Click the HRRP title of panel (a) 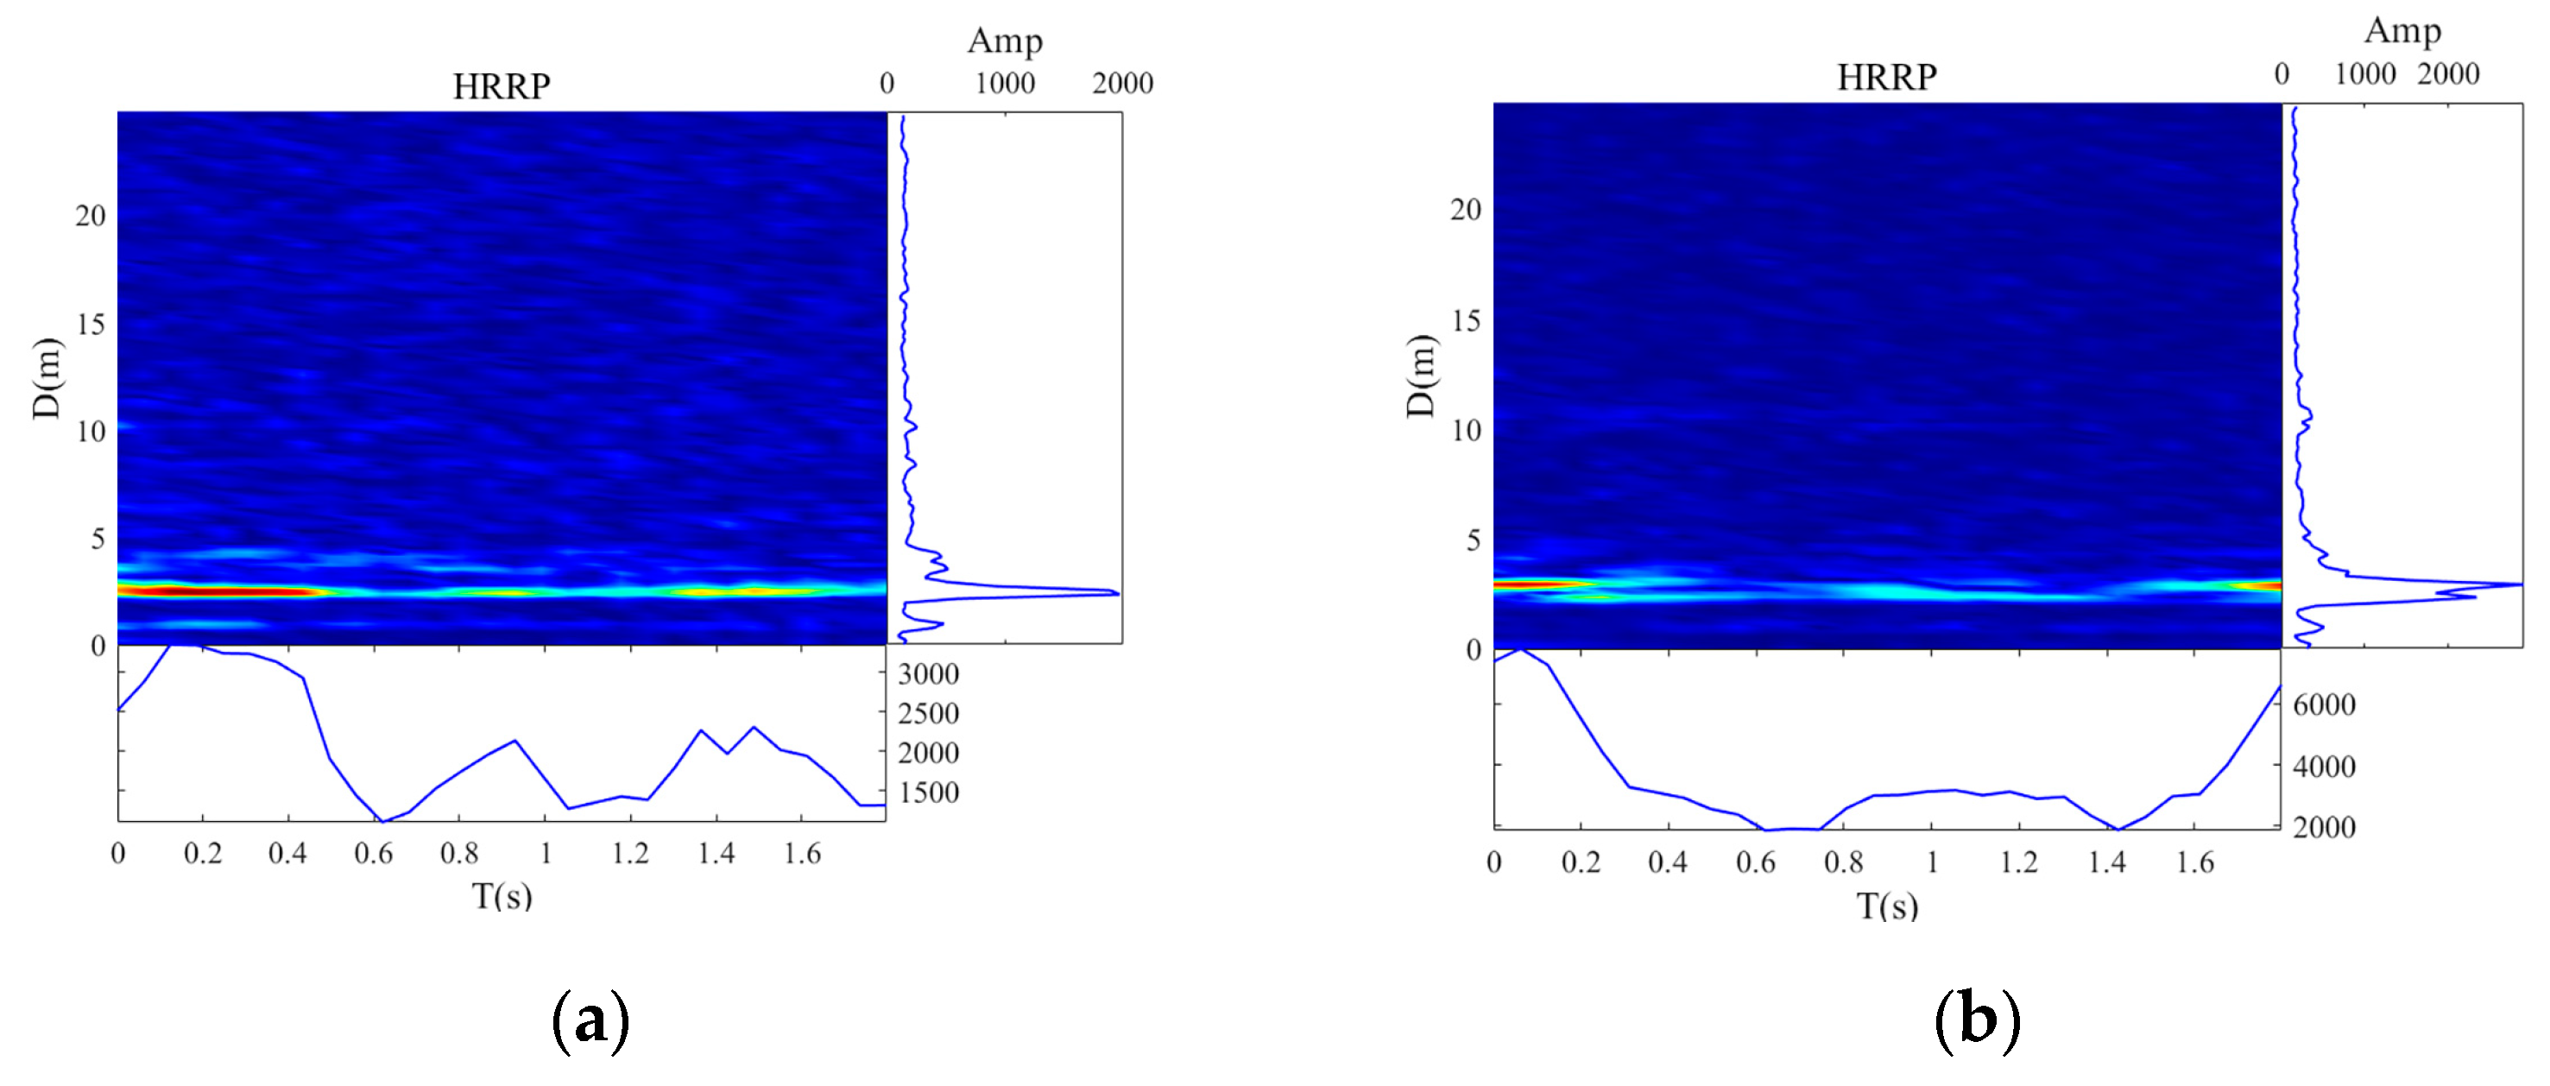pos(501,86)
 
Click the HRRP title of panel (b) pos(1886,77)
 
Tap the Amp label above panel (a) pos(1004,41)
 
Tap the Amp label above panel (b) pos(2402,31)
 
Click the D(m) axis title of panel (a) pos(47,378)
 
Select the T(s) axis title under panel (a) pos(502,896)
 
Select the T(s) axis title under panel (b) pos(1887,906)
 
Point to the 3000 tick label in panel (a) pos(927,674)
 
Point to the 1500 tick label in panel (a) pos(927,793)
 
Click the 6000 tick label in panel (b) pos(2323,704)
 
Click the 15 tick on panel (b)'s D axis pos(1466,321)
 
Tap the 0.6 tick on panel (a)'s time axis pos(373,854)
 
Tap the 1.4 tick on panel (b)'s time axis pos(2106,863)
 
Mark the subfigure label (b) pos(1976,1020)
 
